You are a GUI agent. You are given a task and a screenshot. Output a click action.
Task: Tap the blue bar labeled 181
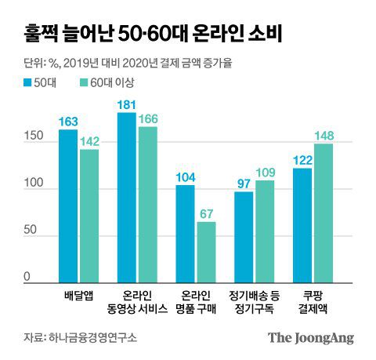point(126,197)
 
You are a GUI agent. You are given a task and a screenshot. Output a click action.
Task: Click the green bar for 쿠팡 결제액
point(323,213)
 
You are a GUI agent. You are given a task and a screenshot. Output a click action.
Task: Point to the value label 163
point(68,122)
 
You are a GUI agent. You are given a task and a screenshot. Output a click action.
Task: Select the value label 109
point(266,173)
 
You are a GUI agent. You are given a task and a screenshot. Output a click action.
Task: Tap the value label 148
point(324,136)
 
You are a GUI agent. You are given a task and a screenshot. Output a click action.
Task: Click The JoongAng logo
point(311,338)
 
